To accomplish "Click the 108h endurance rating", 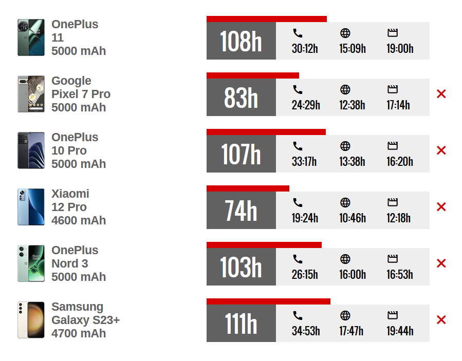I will point(241,41).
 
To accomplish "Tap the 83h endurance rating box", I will point(241,98).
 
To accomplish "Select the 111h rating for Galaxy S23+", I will point(241,324).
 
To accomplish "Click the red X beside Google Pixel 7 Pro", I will point(441,94).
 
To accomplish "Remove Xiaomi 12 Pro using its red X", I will point(441,207).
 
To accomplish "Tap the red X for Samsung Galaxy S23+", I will point(441,320).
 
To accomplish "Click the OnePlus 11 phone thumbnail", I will point(31,37).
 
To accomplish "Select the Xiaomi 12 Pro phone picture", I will point(31,207).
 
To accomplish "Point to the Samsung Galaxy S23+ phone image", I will point(31,320).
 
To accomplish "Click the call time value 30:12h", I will point(305,49).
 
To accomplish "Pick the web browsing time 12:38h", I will point(352,105).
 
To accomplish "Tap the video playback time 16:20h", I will point(400,162).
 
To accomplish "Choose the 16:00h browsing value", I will point(353,275).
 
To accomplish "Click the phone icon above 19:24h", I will point(298,202).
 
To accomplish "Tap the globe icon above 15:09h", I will point(345,33).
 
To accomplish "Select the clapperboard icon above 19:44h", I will point(393,315).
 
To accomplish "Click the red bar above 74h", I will point(248,188).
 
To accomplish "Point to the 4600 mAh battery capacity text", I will point(79,220).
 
